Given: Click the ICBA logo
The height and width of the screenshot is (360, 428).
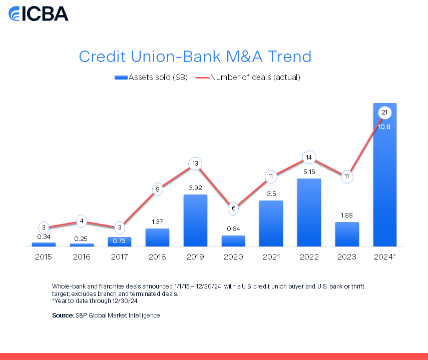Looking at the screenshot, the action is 38,13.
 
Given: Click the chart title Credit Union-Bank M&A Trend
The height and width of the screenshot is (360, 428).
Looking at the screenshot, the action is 195,56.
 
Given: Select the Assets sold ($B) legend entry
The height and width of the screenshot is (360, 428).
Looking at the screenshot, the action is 151,77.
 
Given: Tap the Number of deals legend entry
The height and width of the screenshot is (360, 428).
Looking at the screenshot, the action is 248,77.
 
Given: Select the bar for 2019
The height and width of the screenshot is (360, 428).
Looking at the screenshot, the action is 195,220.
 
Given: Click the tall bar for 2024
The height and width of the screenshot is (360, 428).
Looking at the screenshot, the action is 385,175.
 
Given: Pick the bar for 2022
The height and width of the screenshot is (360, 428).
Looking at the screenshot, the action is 309,212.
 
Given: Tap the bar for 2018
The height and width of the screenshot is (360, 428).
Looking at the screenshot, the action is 158,237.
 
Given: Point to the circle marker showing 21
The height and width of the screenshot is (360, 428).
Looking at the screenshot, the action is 385,112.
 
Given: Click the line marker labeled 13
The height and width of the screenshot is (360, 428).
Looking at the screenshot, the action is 195,163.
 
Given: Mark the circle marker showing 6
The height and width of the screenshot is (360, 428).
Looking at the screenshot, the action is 233,208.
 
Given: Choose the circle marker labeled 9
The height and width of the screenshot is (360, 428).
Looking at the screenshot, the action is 158,189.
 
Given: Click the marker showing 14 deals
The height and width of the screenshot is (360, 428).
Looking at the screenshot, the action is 309,157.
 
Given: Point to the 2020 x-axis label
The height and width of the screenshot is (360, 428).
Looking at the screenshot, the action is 233,257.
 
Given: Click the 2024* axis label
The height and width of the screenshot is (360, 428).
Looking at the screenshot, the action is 385,257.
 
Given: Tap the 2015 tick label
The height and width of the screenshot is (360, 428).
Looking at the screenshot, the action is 44,257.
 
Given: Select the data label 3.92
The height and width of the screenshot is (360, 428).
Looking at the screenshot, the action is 195,188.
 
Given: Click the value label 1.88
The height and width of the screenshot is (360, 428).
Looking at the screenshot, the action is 347,215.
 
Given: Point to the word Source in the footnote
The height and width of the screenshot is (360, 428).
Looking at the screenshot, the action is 63,315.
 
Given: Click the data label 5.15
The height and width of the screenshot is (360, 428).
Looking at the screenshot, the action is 309,172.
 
